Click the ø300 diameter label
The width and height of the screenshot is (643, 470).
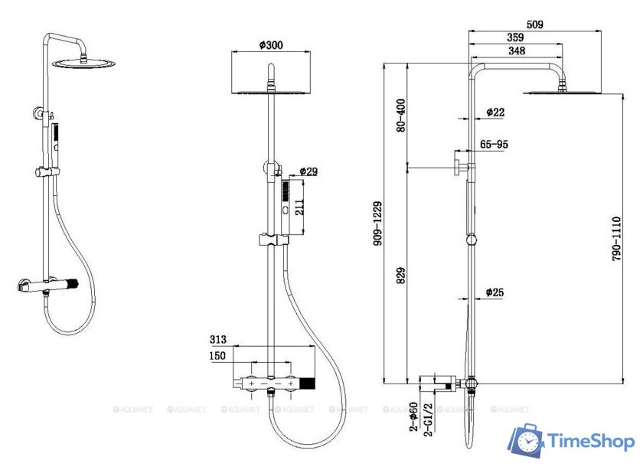pyautogui.click(x=272, y=45)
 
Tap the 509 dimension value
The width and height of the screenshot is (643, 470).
pyautogui.click(x=534, y=24)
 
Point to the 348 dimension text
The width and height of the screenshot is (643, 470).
pyautogui.click(x=516, y=51)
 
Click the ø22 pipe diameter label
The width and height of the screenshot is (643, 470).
pyautogui.click(x=496, y=112)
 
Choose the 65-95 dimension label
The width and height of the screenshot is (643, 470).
pyautogui.click(x=494, y=144)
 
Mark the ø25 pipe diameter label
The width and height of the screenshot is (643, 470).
pyautogui.click(x=496, y=292)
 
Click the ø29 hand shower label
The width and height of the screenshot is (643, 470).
pyautogui.click(x=308, y=171)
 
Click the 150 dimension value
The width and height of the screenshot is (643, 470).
pyautogui.click(x=218, y=356)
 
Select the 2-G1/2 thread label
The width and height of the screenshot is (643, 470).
pyautogui.click(x=429, y=419)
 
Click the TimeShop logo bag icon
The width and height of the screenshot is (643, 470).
pyautogui.click(x=527, y=440)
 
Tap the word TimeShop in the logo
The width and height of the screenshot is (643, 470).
pyautogui.click(x=589, y=442)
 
